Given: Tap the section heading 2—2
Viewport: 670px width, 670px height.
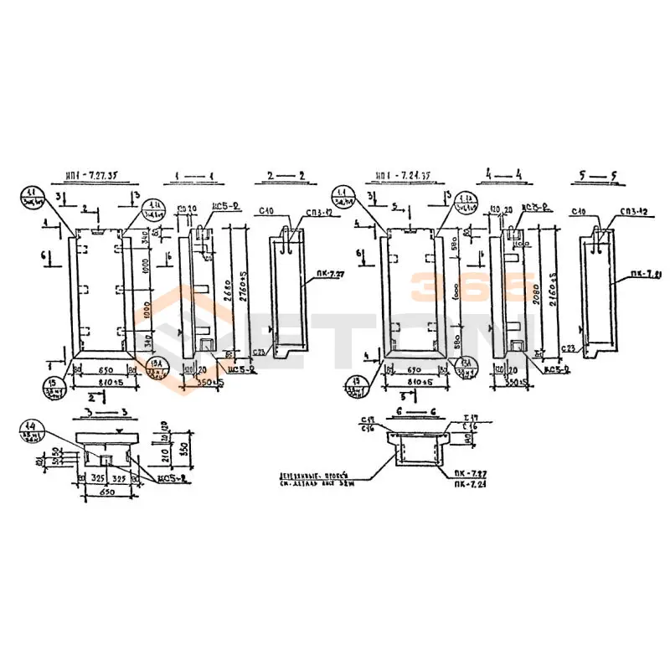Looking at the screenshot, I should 281,176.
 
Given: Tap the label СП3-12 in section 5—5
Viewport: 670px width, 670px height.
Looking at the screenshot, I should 633,213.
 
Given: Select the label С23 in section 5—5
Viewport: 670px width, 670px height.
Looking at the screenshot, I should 569,348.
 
